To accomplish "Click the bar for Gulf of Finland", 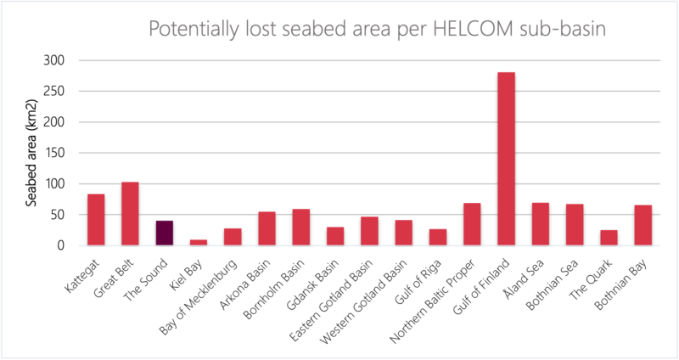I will (506, 159).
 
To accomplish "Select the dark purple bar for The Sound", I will (164, 233).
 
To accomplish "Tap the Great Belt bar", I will (130, 213).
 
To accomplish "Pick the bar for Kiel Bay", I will (198, 242).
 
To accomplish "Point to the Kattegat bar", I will (96, 219).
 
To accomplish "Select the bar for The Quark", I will (609, 238).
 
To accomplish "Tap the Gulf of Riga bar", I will (438, 237).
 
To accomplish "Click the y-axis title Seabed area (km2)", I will (31, 152).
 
